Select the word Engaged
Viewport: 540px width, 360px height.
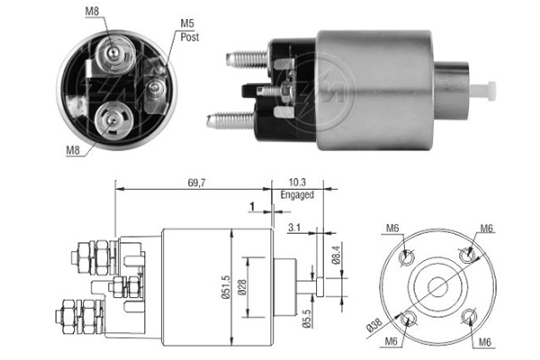(302, 194)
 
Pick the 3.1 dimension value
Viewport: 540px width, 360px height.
(294, 228)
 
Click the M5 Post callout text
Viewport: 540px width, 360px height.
(188, 31)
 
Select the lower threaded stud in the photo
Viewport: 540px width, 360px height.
(224, 119)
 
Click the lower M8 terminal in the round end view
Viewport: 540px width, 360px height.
(114, 116)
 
